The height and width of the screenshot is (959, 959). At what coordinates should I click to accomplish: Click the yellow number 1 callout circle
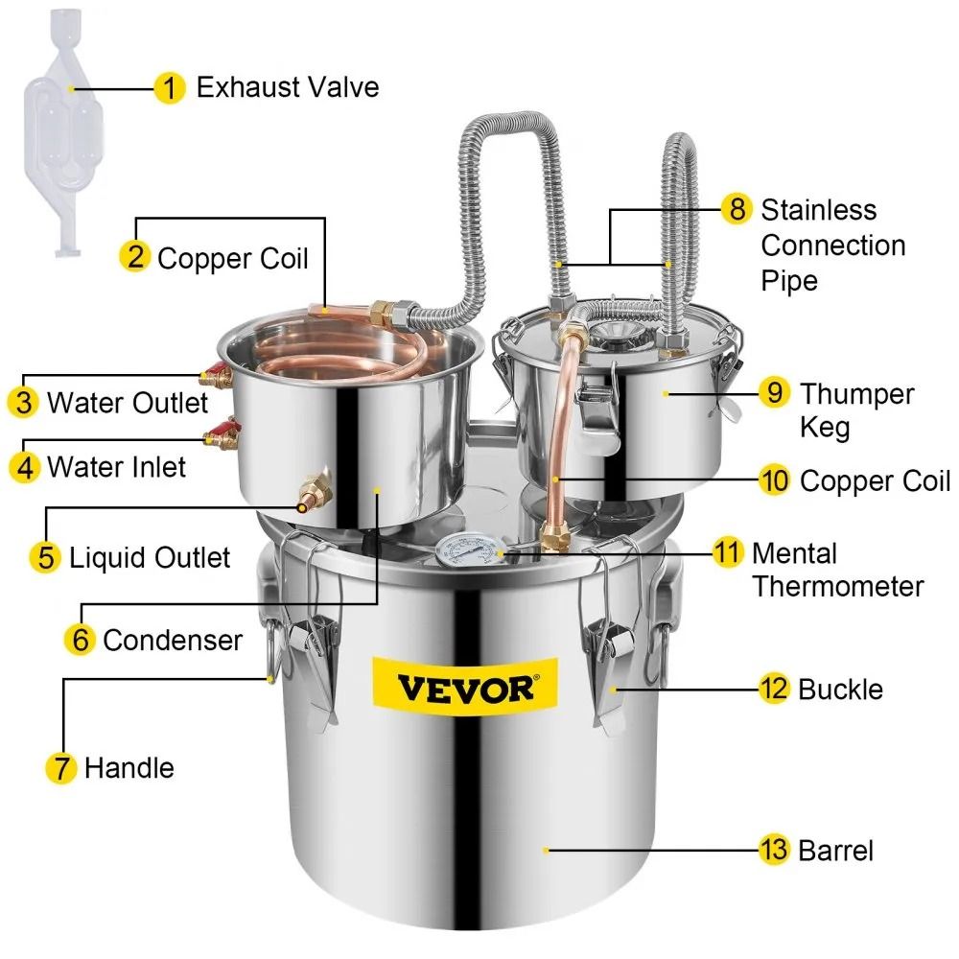[x=169, y=88]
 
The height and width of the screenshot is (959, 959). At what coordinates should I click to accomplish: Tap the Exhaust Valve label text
[x=288, y=87]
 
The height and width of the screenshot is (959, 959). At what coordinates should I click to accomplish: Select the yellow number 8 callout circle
[x=736, y=209]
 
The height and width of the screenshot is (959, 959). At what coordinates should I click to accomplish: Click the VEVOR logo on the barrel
[x=463, y=688]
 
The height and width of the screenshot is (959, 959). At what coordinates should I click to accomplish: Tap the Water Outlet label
[x=127, y=402]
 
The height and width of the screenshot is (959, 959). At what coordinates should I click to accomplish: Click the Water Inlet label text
[x=116, y=467]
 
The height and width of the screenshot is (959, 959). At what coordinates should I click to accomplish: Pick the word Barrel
[x=835, y=850]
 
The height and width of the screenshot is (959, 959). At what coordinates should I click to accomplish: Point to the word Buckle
[x=840, y=689]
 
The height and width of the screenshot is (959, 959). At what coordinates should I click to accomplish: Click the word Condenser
[x=173, y=640]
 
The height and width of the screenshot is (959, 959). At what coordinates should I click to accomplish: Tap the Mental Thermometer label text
[x=836, y=570]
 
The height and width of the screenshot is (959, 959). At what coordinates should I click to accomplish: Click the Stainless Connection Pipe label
[x=831, y=245]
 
